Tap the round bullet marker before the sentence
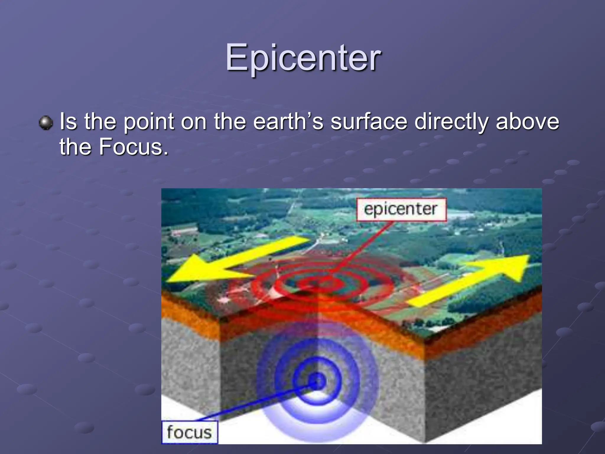pos(46,122)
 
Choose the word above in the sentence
pos(527,121)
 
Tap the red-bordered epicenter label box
pos(401,209)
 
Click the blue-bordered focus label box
pos(189,432)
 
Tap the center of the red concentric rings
pos(321,283)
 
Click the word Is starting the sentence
pos(68,121)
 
